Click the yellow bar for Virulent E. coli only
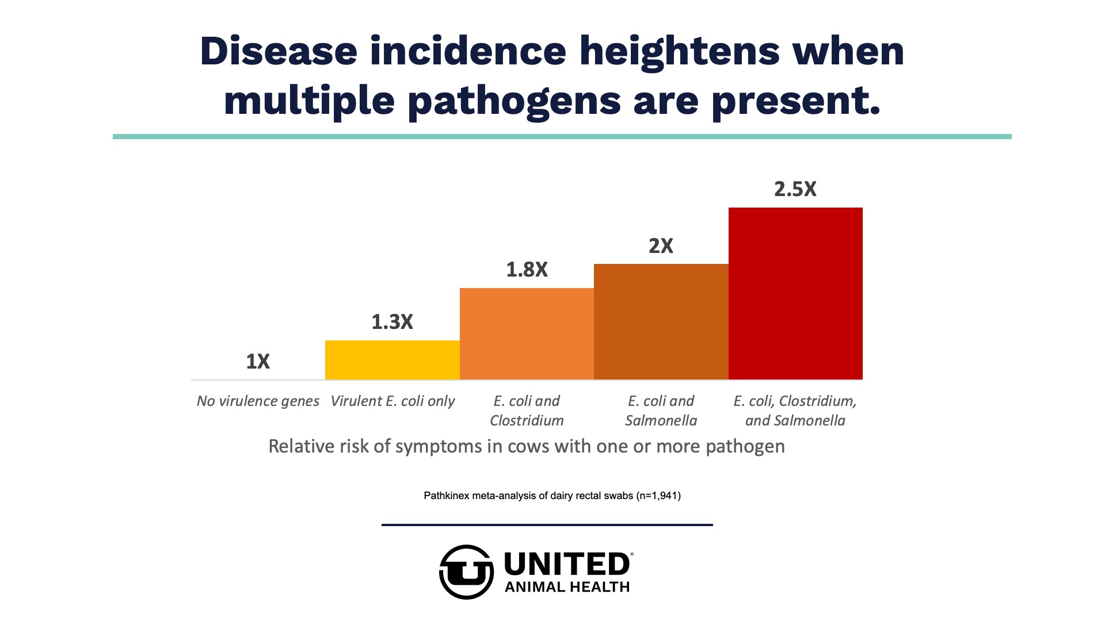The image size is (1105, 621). (392, 360)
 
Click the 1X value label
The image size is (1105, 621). (258, 362)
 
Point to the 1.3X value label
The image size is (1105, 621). (392, 322)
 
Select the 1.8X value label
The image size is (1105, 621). (527, 270)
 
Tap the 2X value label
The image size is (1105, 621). (661, 246)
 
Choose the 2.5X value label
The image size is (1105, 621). (795, 189)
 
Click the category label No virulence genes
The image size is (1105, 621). (258, 401)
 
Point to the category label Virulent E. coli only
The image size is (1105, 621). (392, 401)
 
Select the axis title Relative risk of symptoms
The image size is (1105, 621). (527, 446)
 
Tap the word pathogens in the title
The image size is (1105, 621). (514, 101)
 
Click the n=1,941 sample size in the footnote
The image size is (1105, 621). (658, 496)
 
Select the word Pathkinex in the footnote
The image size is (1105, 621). (446, 496)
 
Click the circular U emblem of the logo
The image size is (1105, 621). (466, 572)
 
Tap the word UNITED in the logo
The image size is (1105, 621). (567, 564)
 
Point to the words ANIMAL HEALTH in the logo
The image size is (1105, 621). (567, 587)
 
